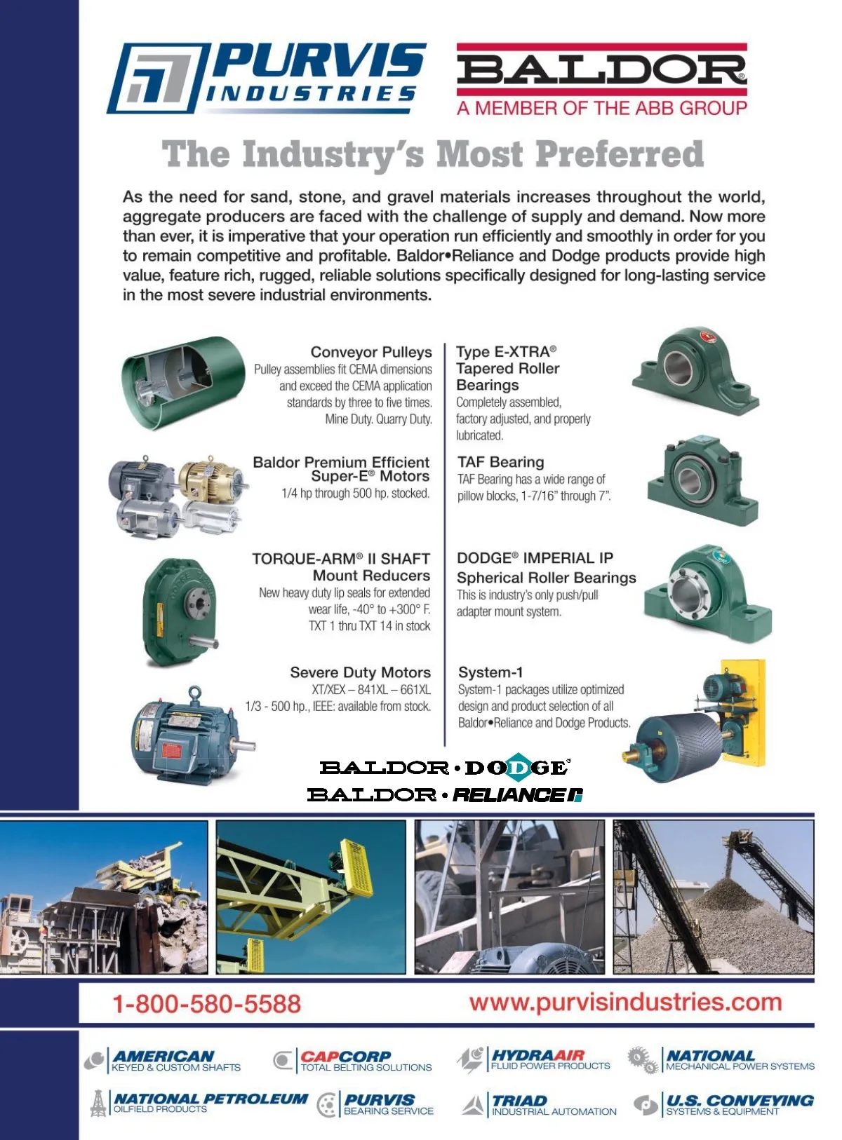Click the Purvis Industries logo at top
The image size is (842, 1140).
[267, 77]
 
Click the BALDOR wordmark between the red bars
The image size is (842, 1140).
[601, 69]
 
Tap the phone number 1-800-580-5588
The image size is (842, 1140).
[207, 1003]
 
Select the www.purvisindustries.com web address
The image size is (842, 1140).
[625, 1002]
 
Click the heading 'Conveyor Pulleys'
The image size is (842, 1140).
[371, 352]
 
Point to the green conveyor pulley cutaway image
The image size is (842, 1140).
[182, 382]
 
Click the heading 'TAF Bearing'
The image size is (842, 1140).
[501, 462]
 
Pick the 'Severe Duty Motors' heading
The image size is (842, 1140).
[361, 672]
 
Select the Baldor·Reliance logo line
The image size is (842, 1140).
[445, 795]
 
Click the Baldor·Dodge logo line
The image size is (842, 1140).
[445, 768]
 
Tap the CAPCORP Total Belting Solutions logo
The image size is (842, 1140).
[353, 1061]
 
